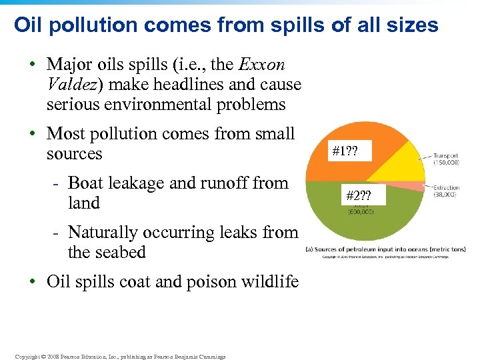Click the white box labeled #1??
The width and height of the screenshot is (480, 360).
(x=345, y=151)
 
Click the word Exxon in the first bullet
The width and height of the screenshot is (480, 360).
(x=262, y=65)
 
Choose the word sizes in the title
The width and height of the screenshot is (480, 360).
(x=415, y=25)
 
